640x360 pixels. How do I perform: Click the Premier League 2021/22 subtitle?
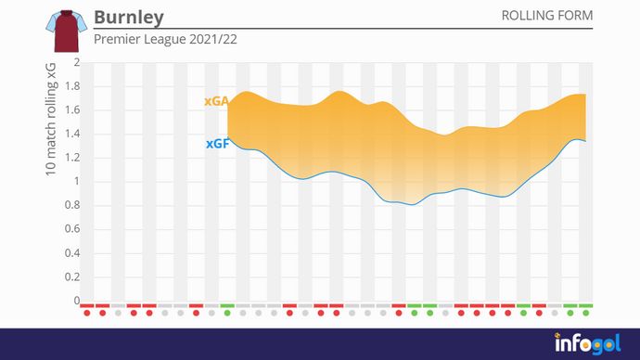point(159,41)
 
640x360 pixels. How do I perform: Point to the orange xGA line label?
point(215,102)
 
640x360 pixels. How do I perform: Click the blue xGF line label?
point(216,144)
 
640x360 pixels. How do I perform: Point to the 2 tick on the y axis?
point(77,63)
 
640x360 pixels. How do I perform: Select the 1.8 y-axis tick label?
point(72,87)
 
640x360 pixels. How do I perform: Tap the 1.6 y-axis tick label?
point(72,110)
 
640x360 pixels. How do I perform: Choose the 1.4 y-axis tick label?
point(72,135)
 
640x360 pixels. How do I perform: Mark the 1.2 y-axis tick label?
point(72,158)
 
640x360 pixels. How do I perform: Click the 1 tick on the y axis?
point(77,182)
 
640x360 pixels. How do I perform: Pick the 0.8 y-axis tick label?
point(72,206)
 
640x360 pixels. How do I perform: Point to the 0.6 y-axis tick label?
point(72,229)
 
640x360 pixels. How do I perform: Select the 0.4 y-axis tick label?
point(72,253)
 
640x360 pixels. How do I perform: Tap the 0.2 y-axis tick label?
point(72,276)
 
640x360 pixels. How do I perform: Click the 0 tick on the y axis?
point(77,301)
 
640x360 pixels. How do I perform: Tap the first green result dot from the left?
point(227,313)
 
